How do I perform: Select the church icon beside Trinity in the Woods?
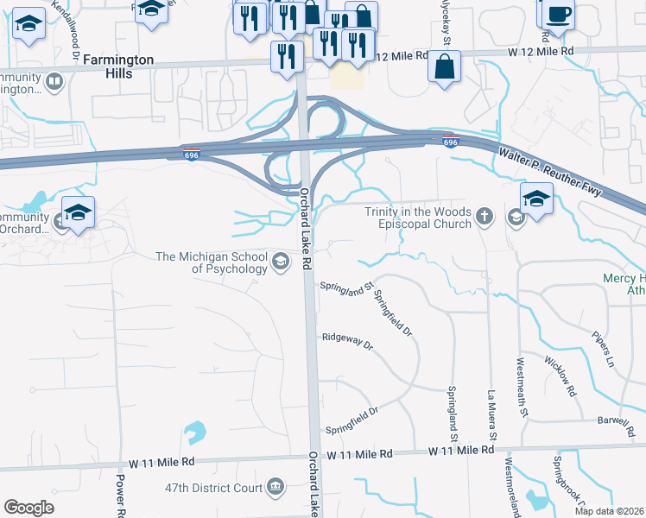tap(484, 218)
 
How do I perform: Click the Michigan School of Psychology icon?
tap(280, 262)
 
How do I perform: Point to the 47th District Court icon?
tap(275, 488)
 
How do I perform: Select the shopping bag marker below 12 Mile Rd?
tap(445, 67)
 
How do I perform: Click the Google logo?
tap(28, 508)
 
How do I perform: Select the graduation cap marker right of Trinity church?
tap(536, 199)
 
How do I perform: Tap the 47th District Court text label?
tap(212, 488)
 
